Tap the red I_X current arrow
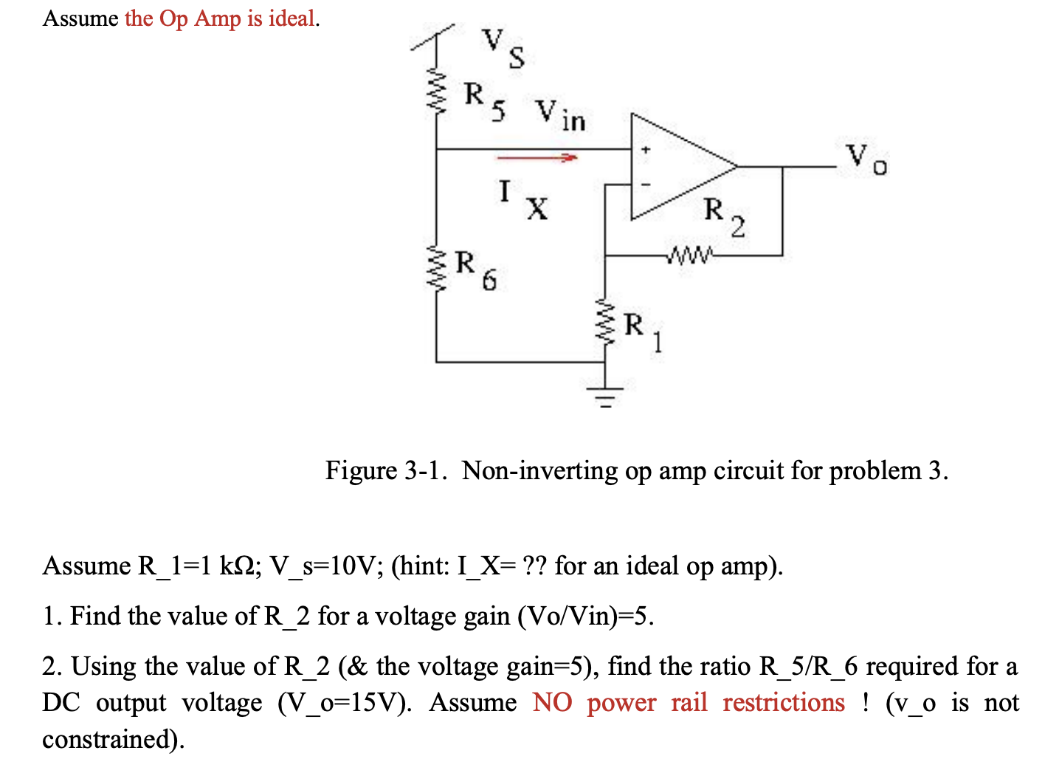[536, 157]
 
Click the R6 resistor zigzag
[437, 269]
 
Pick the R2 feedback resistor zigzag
[689, 256]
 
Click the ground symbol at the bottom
[606, 399]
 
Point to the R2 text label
[724, 216]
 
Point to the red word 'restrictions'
[783, 702]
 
